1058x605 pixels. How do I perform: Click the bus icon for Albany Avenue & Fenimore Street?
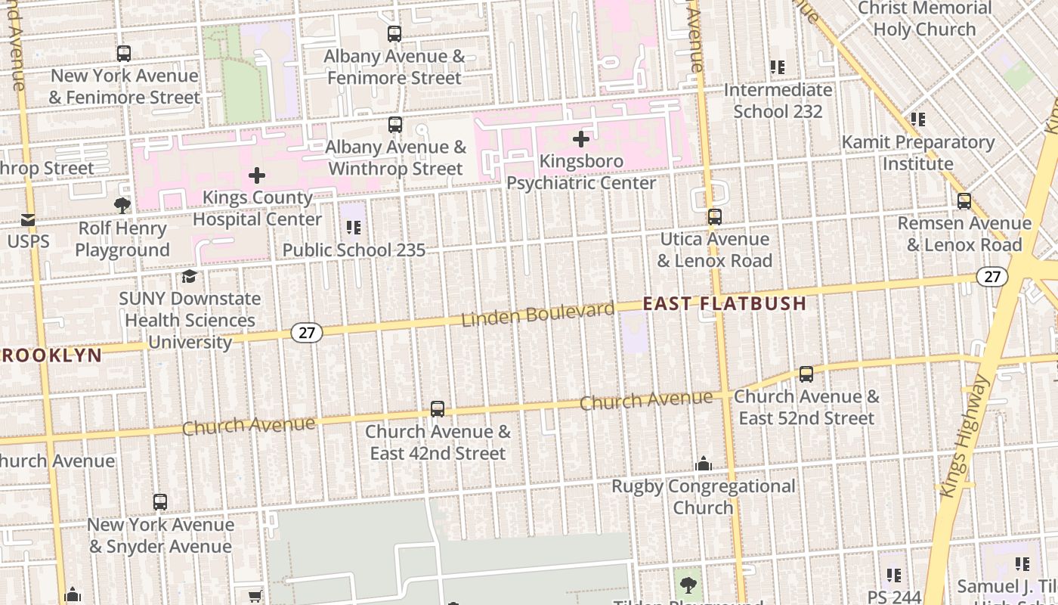pyautogui.click(x=394, y=34)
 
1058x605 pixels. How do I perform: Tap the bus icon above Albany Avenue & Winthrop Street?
pyautogui.click(x=394, y=125)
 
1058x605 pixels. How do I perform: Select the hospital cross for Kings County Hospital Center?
pyautogui.click(x=257, y=176)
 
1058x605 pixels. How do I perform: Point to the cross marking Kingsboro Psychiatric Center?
pyautogui.click(x=580, y=139)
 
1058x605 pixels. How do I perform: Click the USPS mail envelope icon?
pyautogui.click(x=28, y=220)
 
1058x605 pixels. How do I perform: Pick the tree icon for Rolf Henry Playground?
pyautogui.click(x=122, y=205)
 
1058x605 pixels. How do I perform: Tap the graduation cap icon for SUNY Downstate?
pyautogui.click(x=189, y=276)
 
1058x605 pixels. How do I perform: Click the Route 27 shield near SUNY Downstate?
pyautogui.click(x=307, y=332)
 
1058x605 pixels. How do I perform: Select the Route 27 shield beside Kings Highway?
pyautogui.click(x=991, y=277)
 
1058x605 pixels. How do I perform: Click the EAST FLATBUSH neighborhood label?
pyautogui.click(x=724, y=304)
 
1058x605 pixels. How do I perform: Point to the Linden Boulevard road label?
pyautogui.click(x=538, y=314)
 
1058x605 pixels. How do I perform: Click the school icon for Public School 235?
pyautogui.click(x=353, y=227)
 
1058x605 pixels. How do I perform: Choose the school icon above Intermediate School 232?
pyautogui.click(x=778, y=67)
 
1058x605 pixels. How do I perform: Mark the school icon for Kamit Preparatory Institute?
pyautogui.click(x=917, y=119)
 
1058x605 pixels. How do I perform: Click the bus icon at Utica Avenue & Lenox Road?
pyautogui.click(x=714, y=217)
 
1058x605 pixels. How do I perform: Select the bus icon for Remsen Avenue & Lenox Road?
pyautogui.click(x=964, y=201)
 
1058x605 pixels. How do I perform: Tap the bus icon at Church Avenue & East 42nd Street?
pyautogui.click(x=438, y=409)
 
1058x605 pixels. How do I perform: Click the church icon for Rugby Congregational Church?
pyautogui.click(x=703, y=464)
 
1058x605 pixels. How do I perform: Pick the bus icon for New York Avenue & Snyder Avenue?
pyautogui.click(x=159, y=502)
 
